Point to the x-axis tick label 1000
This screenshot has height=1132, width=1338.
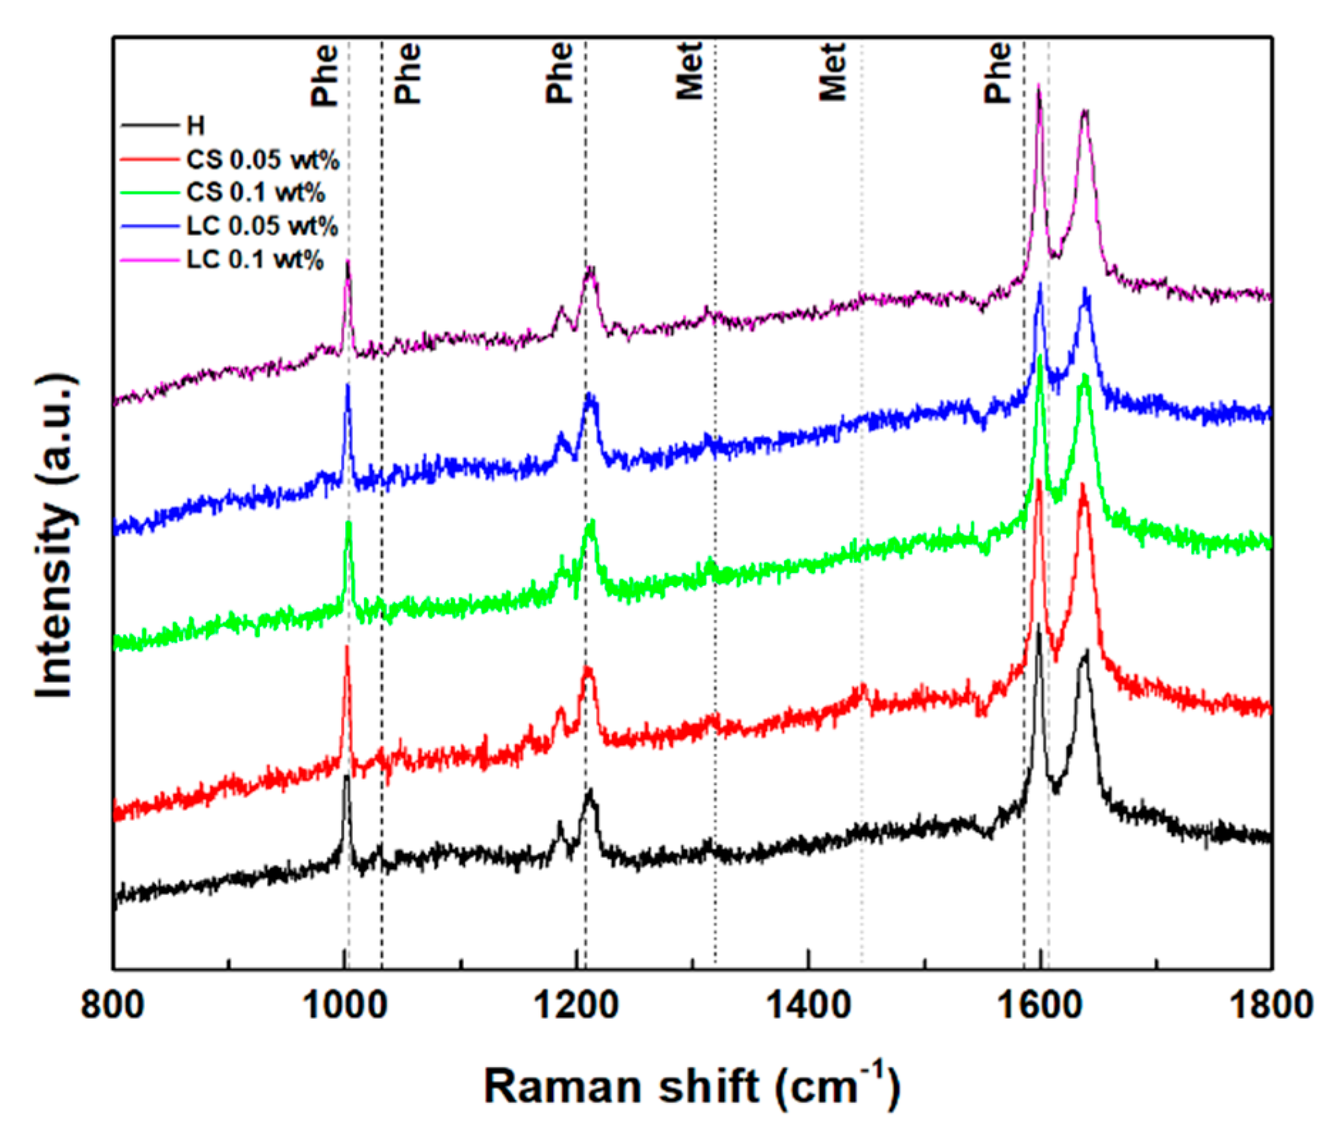point(344,1006)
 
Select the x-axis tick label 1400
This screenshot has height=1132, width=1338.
point(807,1006)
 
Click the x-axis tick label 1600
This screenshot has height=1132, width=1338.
point(1040,1006)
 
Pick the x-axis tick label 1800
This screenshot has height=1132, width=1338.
point(1270,1006)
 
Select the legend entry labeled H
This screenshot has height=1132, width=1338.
point(195,126)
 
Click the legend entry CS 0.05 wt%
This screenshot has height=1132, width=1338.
point(262,159)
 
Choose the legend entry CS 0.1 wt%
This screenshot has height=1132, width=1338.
point(255,193)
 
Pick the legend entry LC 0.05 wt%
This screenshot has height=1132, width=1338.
point(261,226)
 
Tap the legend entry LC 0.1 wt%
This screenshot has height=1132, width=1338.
point(254,260)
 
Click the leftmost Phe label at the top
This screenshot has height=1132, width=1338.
point(324,75)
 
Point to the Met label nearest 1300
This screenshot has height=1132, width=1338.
point(689,71)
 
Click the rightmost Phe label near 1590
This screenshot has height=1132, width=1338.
point(997,73)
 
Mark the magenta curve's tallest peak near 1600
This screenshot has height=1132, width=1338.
point(1038,87)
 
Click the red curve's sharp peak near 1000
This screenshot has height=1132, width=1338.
point(347,648)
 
